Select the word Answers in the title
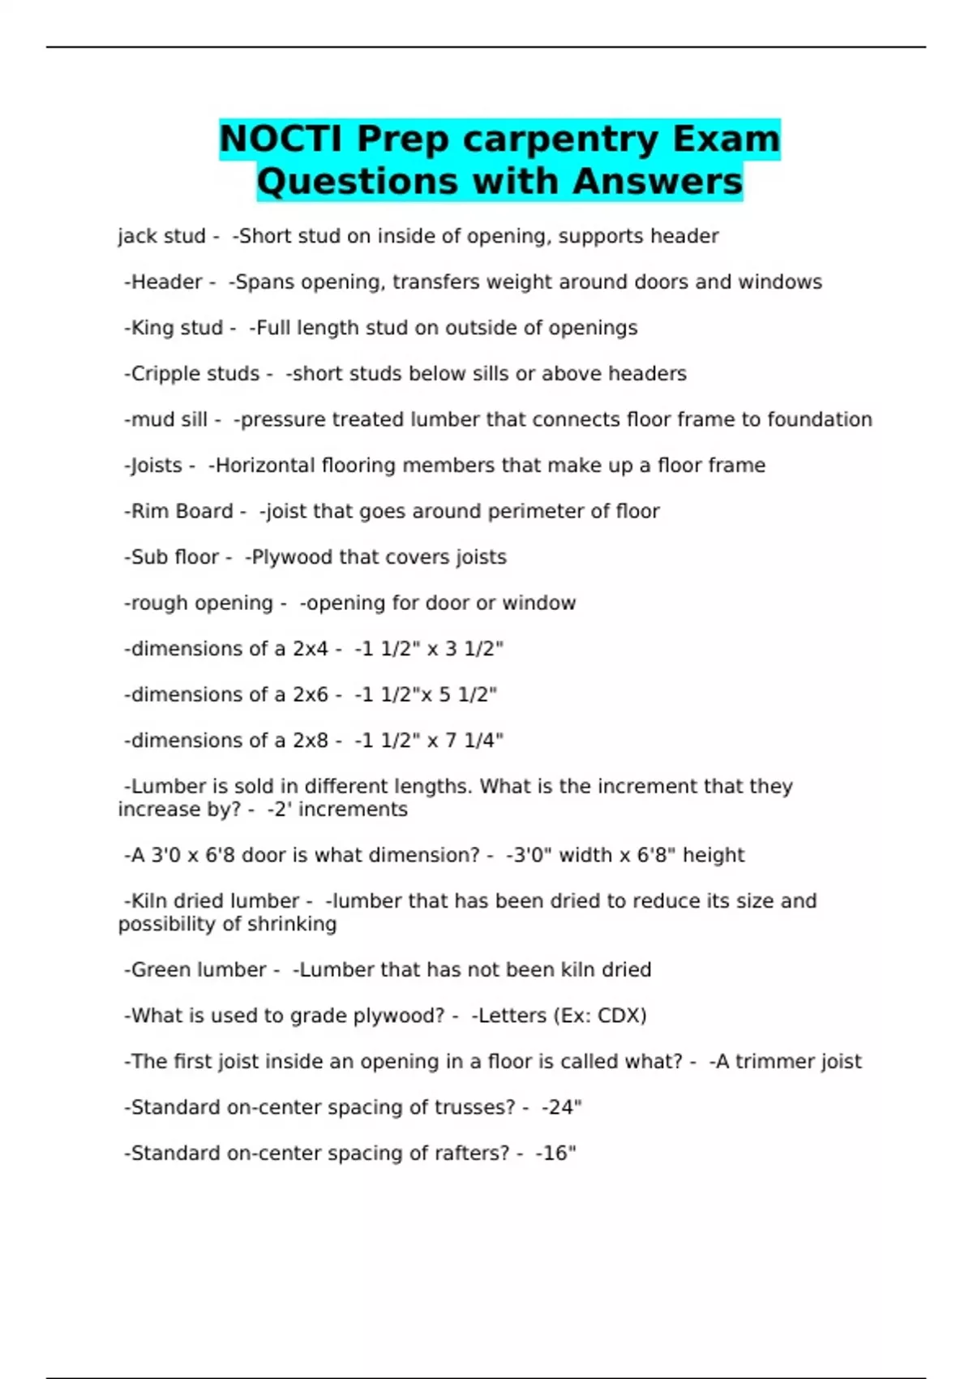click(657, 181)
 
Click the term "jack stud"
click(161, 236)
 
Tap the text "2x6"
click(311, 695)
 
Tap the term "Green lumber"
click(199, 970)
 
